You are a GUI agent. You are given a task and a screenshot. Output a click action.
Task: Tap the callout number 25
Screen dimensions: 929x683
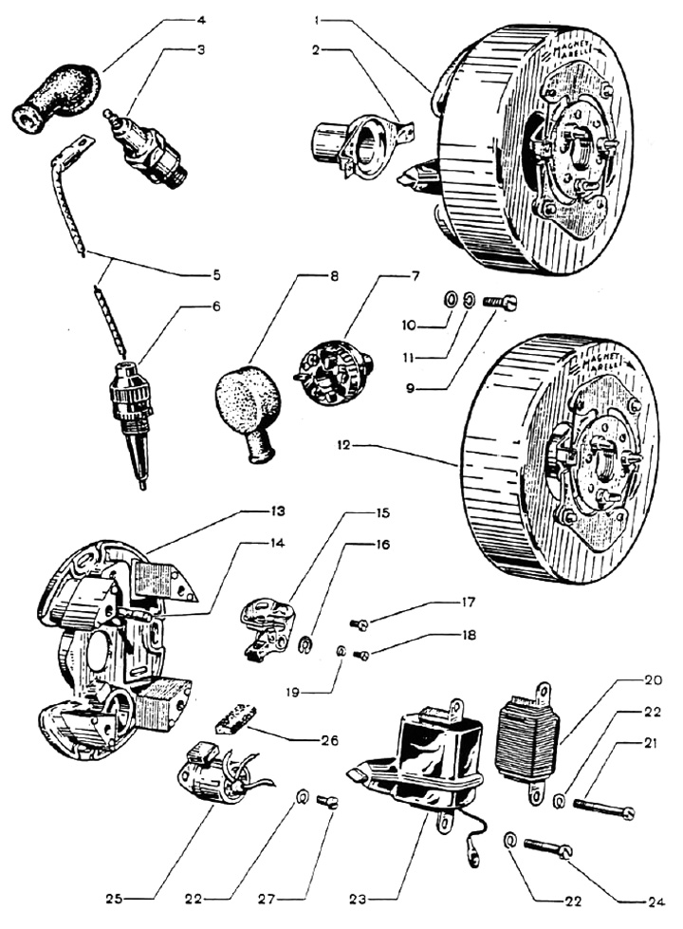point(125,896)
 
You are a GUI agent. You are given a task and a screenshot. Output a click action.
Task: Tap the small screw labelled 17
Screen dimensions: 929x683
point(360,623)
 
